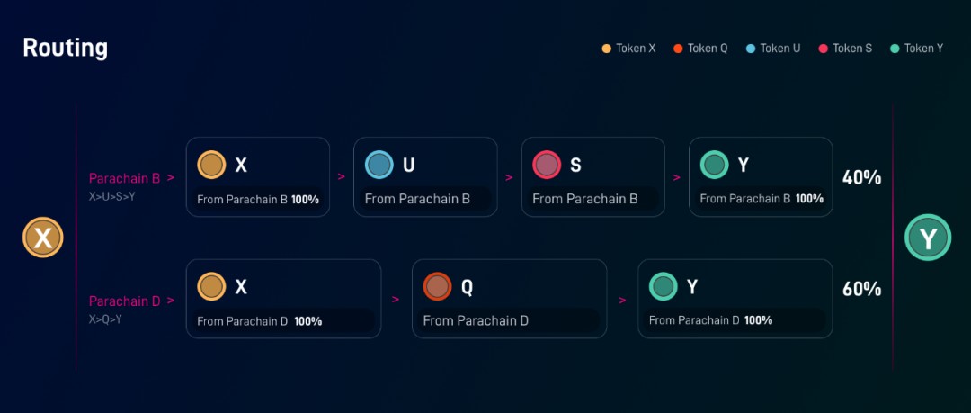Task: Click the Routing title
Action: tap(65, 48)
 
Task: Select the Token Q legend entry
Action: tap(701, 49)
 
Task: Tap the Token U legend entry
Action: tap(773, 49)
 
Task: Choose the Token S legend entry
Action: tap(845, 49)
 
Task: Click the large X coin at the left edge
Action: tap(43, 238)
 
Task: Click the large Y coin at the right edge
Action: tap(927, 238)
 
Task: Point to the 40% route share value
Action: tap(861, 177)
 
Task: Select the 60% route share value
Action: tap(861, 289)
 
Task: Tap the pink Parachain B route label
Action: tap(124, 178)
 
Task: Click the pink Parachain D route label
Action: tap(124, 301)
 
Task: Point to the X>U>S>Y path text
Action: tap(111, 196)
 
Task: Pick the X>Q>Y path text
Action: tap(105, 319)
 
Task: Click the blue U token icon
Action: tap(379, 165)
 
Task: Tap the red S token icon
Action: tap(547, 165)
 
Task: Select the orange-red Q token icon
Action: tap(438, 287)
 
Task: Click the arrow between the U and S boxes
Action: tap(509, 177)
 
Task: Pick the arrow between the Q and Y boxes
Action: tap(622, 300)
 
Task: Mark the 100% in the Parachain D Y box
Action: tap(758, 320)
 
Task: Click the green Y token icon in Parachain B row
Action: tap(715, 165)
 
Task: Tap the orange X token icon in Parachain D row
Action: tap(211, 287)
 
